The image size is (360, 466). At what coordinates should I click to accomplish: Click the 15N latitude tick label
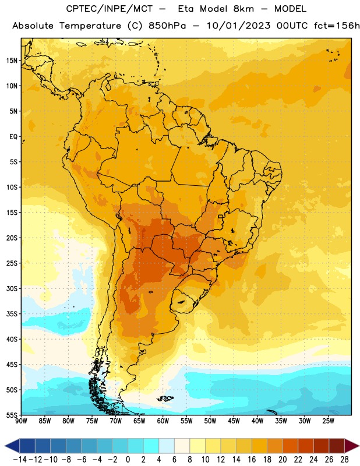point(12,61)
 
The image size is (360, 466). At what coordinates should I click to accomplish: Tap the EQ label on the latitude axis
point(13,137)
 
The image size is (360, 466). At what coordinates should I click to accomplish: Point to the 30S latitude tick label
point(12,288)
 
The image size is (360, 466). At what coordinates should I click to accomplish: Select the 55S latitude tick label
point(12,415)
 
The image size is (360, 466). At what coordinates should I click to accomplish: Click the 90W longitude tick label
point(21,421)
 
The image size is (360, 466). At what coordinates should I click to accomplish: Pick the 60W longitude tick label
point(163,421)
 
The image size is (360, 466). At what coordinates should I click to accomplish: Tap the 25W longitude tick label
point(328,421)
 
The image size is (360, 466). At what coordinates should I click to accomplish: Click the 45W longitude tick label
point(234,421)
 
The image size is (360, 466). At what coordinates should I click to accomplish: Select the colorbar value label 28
point(344,460)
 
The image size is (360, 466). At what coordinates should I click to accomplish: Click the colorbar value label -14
point(20,460)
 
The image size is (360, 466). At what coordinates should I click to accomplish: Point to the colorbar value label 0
point(128,460)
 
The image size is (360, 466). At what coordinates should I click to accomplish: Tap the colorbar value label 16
point(252,460)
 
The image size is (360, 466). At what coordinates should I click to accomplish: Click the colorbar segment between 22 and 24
point(306,446)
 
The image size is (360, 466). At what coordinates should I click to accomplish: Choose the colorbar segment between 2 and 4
point(151,446)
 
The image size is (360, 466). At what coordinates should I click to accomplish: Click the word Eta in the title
point(186,9)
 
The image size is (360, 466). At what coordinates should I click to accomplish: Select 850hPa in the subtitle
point(167,26)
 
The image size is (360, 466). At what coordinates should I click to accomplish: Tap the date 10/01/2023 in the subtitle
point(239,26)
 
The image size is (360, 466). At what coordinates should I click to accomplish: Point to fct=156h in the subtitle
point(337,26)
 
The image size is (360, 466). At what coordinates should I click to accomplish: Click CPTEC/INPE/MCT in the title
point(110,9)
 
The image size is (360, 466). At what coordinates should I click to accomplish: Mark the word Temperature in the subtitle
point(90,26)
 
